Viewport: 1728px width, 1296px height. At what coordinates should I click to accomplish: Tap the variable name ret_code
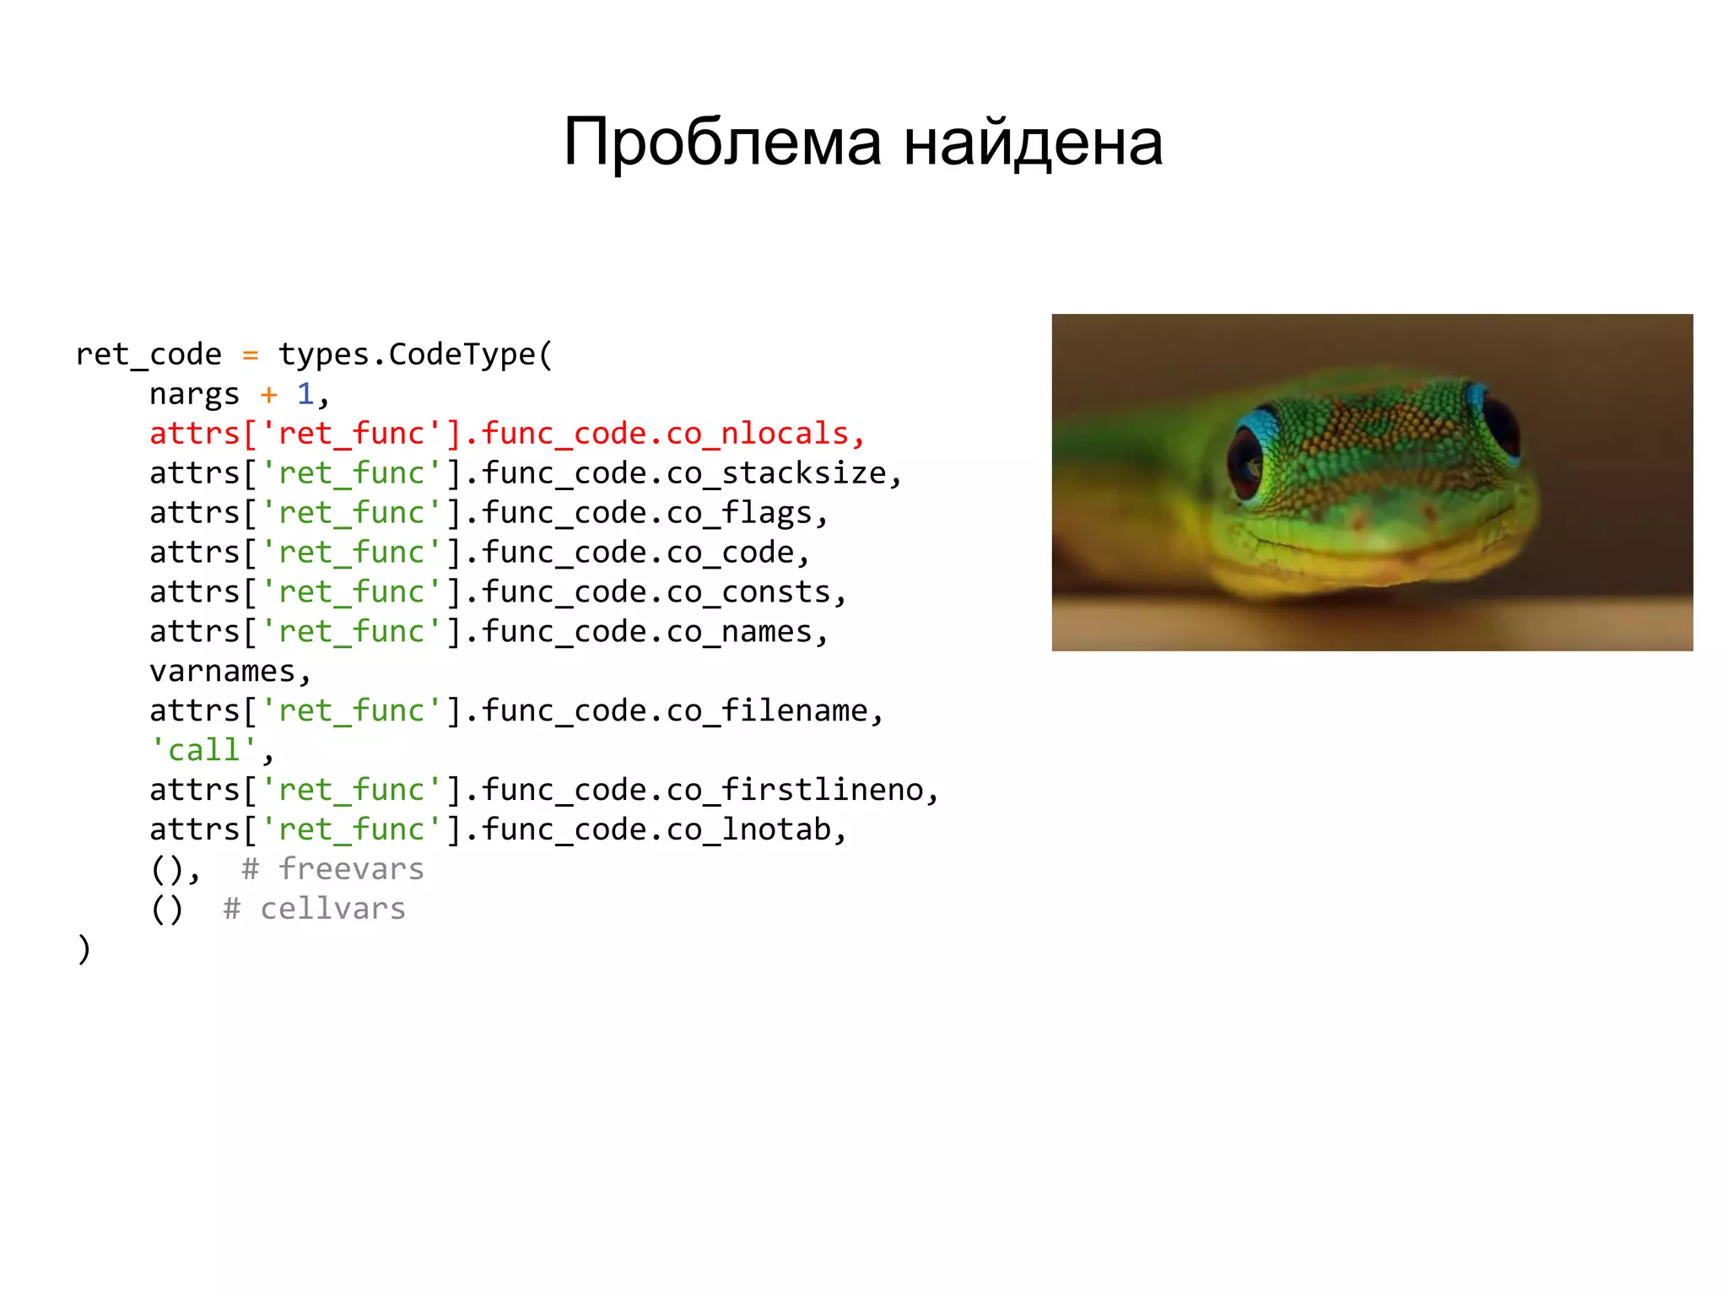pos(148,355)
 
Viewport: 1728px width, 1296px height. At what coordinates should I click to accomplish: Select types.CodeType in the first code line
pos(408,355)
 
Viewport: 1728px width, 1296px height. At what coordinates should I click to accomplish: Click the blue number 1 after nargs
pos(305,394)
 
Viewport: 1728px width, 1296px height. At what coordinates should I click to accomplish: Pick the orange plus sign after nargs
pos(268,394)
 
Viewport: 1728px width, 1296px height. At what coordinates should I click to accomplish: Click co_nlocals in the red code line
pos(757,434)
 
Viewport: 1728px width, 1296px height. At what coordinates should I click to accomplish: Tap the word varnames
pos(222,672)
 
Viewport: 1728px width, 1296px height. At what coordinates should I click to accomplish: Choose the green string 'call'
pos(203,750)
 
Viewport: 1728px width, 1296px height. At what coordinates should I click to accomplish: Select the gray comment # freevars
pos(332,869)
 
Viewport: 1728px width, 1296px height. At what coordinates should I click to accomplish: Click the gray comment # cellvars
pos(314,909)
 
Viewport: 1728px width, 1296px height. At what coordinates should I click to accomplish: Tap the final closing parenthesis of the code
pos(84,948)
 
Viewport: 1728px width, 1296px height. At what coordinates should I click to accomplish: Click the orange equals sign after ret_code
pos(250,355)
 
